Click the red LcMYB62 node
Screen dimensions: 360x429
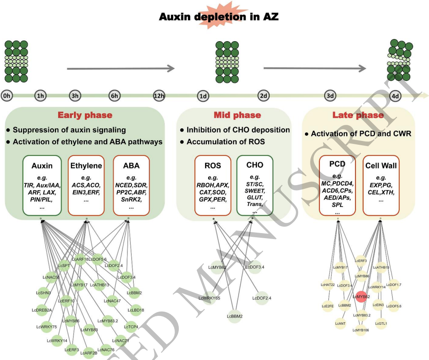point(361,297)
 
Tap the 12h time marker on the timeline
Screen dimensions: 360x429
point(160,96)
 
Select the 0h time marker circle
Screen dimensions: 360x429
point(7,96)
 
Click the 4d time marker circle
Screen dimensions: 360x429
point(395,96)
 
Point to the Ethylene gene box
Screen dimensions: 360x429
point(86,186)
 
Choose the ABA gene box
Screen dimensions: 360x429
point(131,186)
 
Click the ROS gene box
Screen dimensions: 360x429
point(212,186)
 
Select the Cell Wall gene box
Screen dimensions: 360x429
point(381,186)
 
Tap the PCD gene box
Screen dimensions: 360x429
point(337,186)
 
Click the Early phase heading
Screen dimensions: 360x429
point(85,115)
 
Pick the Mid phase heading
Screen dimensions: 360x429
point(237,115)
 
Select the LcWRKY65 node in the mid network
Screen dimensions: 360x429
point(209,298)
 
